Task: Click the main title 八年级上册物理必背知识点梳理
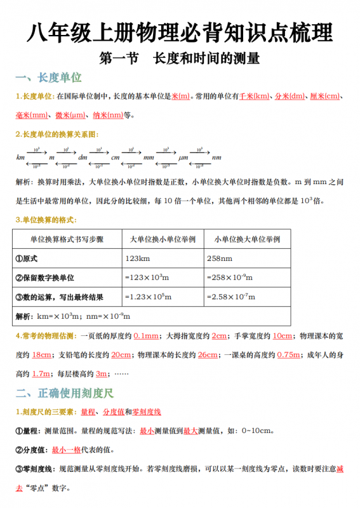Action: (x=180, y=33)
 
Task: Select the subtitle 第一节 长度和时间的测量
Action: (x=180, y=59)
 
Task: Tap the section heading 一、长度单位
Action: (x=49, y=78)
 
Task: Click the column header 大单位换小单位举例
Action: (x=162, y=239)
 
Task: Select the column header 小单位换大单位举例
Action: (x=247, y=239)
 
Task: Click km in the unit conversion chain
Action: (x=20, y=157)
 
